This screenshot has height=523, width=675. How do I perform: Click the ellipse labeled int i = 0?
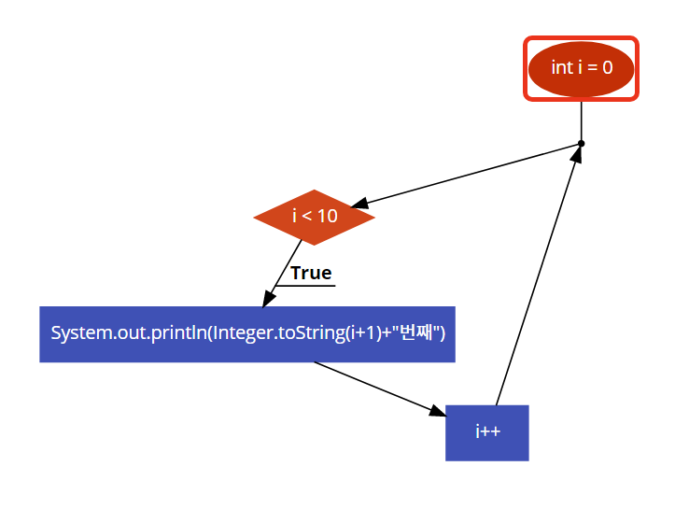click(581, 68)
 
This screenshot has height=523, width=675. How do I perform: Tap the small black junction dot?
click(581, 144)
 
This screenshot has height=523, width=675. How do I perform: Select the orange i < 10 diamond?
click(314, 217)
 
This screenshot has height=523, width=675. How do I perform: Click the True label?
click(311, 273)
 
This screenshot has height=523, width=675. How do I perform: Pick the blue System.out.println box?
click(246, 333)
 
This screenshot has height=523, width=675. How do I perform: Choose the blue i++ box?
click(486, 432)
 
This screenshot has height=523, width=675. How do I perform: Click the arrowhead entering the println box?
click(269, 298)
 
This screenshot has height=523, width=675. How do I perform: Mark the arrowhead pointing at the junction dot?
click(577, 155)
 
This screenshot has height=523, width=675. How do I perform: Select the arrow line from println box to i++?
click(373, 386)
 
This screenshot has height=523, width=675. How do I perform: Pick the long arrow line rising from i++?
click(537, 280)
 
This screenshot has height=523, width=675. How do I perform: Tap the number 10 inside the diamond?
click(327, 217)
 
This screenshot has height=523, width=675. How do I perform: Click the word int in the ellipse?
click(562, 68)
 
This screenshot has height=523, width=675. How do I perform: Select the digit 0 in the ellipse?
click(608, 68)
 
